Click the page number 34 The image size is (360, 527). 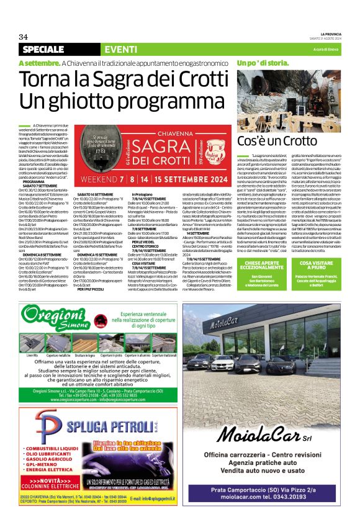24,37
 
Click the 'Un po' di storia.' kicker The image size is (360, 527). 263,63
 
